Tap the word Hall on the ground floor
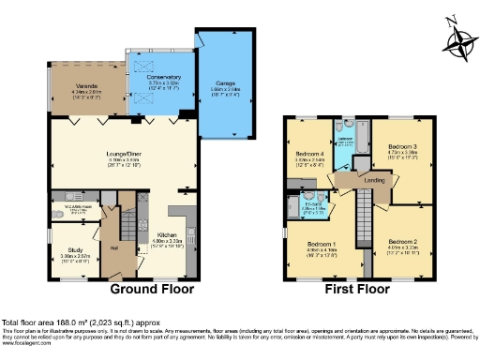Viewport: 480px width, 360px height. (x=113, y=247)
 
